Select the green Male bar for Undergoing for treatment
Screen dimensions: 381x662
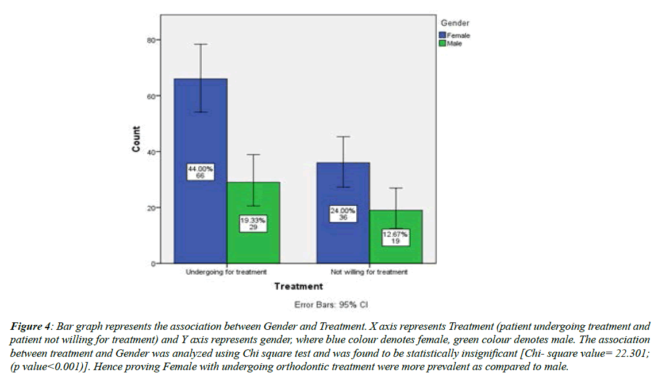pos(253,241)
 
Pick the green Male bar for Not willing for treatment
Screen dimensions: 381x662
pos(396,253)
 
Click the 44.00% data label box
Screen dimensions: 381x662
pos(200,172)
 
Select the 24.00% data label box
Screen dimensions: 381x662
pos(342,214)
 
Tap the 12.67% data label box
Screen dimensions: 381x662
pos(396,237)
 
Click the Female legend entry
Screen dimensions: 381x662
pos(458,36)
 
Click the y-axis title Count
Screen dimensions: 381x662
pos(136,139)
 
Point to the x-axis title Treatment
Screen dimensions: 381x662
pos(298,286)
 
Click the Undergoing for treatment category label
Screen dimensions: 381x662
pos(226,272)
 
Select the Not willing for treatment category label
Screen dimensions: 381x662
pos(369,272)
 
